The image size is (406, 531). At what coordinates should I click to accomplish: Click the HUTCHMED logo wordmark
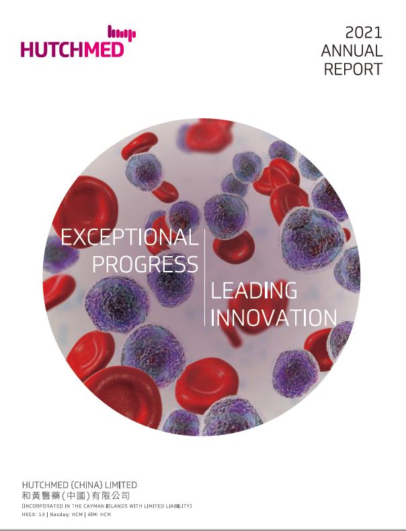pos(72,50)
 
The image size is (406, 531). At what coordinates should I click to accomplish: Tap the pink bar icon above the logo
pos(122,33)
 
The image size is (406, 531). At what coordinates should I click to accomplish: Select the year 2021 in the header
pos(364,33)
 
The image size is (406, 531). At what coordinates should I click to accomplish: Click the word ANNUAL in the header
pos(352,51)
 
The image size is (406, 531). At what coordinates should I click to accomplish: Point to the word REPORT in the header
pos(353,69)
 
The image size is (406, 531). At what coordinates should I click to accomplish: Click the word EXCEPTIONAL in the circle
pos(129,237)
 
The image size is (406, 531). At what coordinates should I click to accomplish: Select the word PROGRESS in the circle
pos(145,264)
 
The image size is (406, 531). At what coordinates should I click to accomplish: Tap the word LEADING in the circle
pos(254,290)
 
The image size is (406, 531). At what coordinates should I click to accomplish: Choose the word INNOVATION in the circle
pos(274,318)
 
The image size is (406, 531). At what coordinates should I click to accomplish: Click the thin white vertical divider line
pos(204,278)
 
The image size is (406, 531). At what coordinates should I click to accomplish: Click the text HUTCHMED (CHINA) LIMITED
pos(79,485)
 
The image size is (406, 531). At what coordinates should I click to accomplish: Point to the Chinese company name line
pos(75,496)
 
